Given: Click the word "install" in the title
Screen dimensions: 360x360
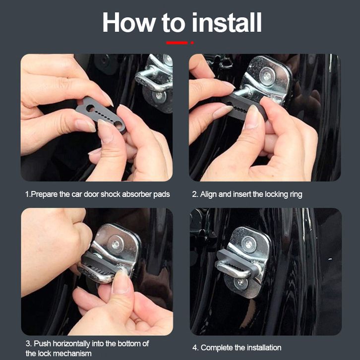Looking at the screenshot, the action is click(x=227, y=22).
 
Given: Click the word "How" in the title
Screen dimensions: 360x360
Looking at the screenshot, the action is click(x=129, y=22).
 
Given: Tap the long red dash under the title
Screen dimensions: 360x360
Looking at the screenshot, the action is click(x=177, y=43).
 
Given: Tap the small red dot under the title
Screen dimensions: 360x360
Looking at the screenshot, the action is click(x=192, y=43).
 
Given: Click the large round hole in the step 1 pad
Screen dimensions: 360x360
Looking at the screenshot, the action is click(x=90, y=108).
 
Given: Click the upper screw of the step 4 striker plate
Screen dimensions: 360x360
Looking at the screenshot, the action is click(x=248, y=244).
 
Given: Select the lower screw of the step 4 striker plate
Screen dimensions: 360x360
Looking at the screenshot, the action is click(x=240, y=282).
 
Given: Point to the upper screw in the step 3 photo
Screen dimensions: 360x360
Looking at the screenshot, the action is click(x=116, y=245).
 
